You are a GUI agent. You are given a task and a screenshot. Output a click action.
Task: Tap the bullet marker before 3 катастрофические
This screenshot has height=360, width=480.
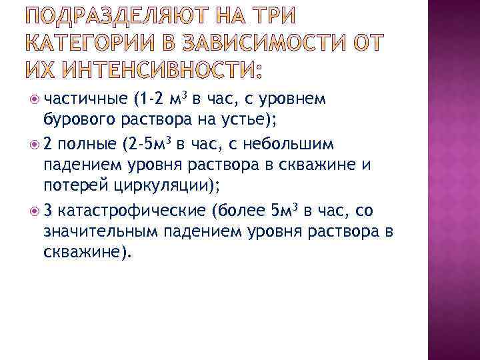35,212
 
